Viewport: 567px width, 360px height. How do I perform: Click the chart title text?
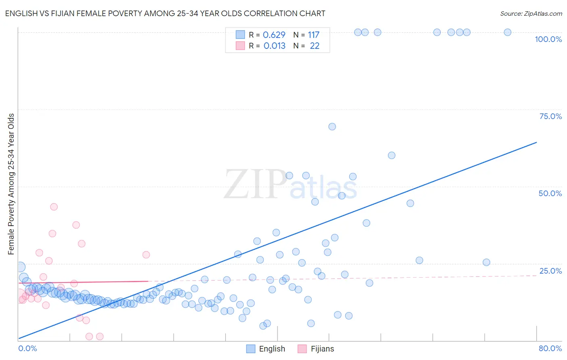[x=165, y=13]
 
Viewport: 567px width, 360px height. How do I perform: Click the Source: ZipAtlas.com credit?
[x=531, y=13]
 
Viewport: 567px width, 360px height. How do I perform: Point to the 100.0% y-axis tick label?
[x=548, y=39]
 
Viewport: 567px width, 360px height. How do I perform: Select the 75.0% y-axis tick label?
[x=550, y=116]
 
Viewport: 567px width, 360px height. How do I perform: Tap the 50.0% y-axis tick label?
[x=550, y=193]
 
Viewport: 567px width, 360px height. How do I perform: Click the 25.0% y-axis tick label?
[x=550, y=271]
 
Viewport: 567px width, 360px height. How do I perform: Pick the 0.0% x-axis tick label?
[x=27, y=348]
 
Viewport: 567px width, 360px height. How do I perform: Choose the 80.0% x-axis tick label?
[x=550, y=348]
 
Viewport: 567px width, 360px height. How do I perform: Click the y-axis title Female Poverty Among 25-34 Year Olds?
[x=11, y=184]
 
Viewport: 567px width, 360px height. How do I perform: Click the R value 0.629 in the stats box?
[x=274, y=35]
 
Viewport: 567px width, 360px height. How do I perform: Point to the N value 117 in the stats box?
[x=313, y=35]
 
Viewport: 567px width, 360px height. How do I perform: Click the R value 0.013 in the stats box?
[x=274, y=46]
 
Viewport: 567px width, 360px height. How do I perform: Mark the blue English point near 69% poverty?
[x=332, y=127]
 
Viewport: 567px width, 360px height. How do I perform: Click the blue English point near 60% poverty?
[x=391, y=155]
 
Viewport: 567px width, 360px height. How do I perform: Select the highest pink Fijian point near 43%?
[x=54, y=207]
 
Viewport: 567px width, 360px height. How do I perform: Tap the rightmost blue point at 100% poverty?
[x=507, y=32]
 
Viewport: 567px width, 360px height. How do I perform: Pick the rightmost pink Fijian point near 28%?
[x=146, y=255]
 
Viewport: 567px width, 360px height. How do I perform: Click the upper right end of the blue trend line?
[x=536, y=142]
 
